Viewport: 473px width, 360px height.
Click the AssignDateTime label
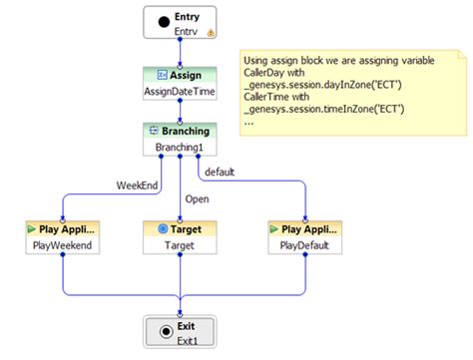pyautogui.click(x=180, y=92)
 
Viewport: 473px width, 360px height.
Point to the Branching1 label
pyautogui.click(x=180, y=148)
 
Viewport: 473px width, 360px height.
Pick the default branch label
pyautogui.click(x=219, y=172)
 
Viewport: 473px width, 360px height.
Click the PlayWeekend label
pyautogui.click(x=62, y=245)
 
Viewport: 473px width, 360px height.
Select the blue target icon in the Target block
pyautogui.click(x=163, y=228)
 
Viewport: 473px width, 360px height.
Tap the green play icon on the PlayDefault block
pyautogui.click(x=272, y=228)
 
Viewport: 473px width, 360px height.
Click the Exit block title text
pyautogui.click(x=188, y=325)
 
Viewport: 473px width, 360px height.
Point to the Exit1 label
pyautogui.click(x=180, y=342)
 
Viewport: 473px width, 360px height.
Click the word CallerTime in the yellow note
pyautogui.click(x=267, y=99)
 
